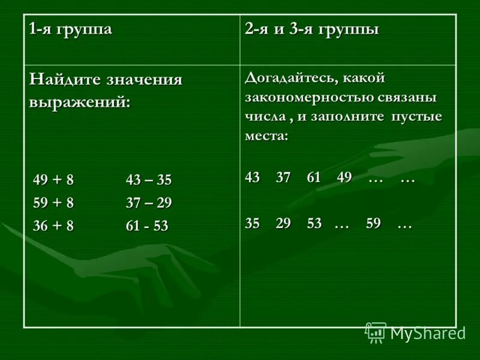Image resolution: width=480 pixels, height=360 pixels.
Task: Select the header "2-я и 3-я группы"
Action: pos(311,30)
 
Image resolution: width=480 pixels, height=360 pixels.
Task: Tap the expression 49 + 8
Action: pos(53,180)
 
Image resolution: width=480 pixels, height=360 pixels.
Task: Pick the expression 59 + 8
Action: pos(53,203)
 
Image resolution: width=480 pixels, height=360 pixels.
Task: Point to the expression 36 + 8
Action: pos(53,226)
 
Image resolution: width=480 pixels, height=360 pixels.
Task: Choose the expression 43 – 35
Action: pos(149,180)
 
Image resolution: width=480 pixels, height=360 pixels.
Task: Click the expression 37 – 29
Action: pos(149,203)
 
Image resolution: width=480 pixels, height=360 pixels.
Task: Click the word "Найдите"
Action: pos(64,80)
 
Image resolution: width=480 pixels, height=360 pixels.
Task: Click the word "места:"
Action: pos(266,136)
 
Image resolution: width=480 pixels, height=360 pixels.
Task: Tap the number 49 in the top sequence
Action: pos(344,178)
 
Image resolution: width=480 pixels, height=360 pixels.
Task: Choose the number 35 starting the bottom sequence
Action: pos(253,223)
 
